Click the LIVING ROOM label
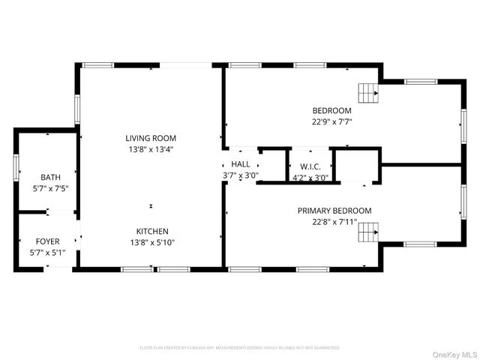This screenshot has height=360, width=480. pyautogui.click(x=151, y=138)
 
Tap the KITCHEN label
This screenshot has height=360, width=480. pyautogui.click(x=151, y=231)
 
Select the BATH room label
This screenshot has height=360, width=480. pyautogui.click(x=51, y=177)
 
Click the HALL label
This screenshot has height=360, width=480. pyautogui.click(x=241, y=164)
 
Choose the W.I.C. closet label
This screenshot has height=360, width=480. pyautogui.click(x=310, y=166)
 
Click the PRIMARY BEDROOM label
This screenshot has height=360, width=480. pyautogui.click(x=334, y=211)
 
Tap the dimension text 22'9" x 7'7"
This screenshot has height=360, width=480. pyautogui.click(x=331, y=121)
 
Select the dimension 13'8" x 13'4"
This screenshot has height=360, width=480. pyautogui.click(x=151, y=148)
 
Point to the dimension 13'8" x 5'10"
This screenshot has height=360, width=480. pyautogui.click(x=151, y=241)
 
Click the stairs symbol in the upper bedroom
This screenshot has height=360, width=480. pyautogui.click(x=367, y=93)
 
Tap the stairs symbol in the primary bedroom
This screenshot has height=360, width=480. pyautogui.click(x=367, y=232)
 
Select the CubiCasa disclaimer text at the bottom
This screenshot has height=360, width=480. pyautogui.click(x=240, y=348)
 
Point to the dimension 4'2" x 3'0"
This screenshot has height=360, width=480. pyautogui.click(x=310, y=178)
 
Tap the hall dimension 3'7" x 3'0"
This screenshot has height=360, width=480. pyautogui.click(x=241, y=175)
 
